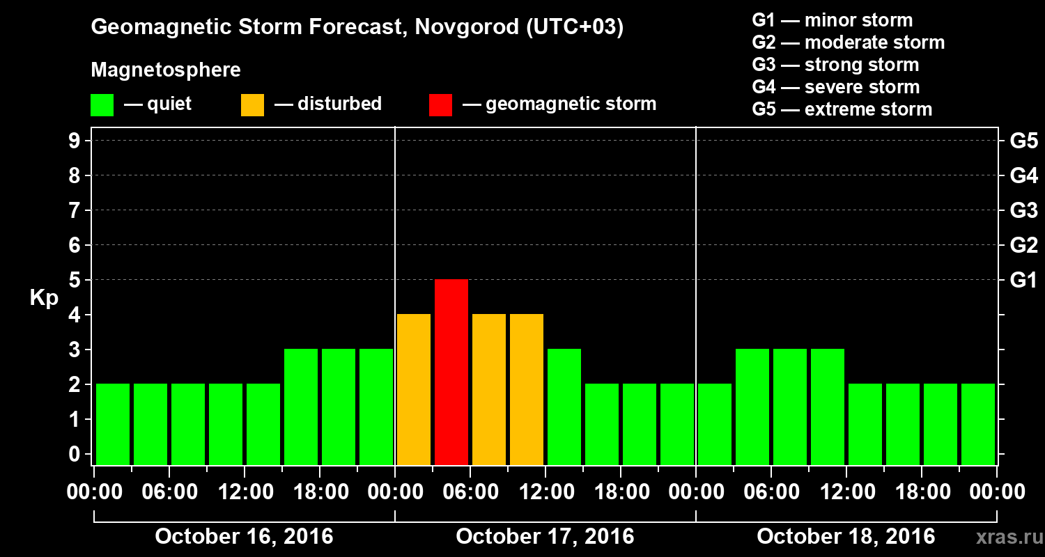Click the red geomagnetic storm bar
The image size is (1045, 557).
(451, 372)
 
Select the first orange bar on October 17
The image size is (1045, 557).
(414, 389)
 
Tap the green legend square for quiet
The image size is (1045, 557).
(102, 105)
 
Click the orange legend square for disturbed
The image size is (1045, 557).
(252, 105)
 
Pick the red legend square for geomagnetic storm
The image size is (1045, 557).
(440, 105)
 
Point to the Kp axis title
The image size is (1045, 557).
(43, 298)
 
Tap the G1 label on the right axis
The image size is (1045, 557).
(1023, 281)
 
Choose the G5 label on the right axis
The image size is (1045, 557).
(1023, 141)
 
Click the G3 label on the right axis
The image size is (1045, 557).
(1023, 211)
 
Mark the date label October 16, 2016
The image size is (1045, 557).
(244, 537)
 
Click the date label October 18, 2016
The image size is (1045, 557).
(846, 537)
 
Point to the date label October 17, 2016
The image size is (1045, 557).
(545, 537)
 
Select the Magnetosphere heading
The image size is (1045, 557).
(166, 70)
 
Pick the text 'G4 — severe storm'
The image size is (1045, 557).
(836, 87)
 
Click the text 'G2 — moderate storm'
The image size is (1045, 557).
(849, 42)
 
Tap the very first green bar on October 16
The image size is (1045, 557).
(113, 424)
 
